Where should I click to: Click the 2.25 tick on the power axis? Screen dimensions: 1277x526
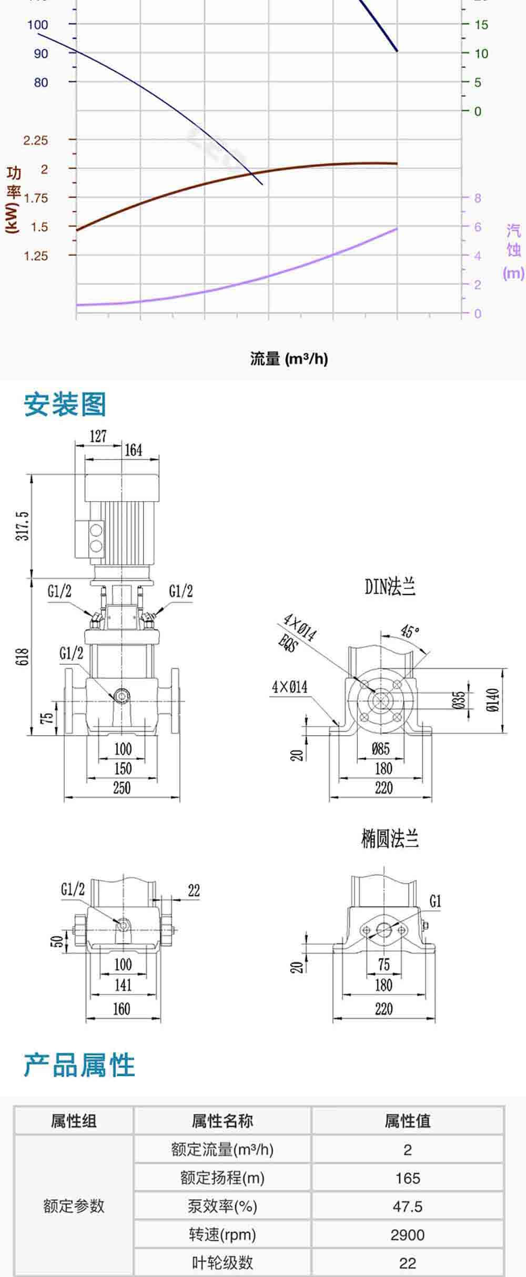(35, 140)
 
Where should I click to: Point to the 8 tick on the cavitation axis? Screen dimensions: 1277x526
(478, 198)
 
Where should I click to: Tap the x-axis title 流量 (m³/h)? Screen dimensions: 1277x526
(289, 359)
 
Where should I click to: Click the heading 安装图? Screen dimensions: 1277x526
(65, 404)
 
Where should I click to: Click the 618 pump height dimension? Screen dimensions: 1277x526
(23, 657)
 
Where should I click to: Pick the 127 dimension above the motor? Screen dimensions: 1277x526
(98, 436)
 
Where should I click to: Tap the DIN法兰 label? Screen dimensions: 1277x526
(390, 586)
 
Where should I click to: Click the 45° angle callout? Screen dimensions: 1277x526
(410, 631)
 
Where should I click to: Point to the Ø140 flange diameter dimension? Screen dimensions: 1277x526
(493, 700)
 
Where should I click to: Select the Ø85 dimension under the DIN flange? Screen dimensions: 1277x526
(380, 748)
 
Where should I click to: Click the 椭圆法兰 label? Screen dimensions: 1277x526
(389, 838)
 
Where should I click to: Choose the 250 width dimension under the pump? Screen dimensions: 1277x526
(122, 788)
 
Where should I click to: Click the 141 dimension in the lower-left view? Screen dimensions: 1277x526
(123, 985)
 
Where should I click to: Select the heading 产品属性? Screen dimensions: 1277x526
(79, 1065)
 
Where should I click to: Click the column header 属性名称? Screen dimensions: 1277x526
(222, 1121)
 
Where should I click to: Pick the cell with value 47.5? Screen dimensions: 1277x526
(407, 1206)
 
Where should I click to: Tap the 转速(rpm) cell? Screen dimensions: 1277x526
(222, 1234)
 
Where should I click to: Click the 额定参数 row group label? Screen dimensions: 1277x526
(74, 1206)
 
